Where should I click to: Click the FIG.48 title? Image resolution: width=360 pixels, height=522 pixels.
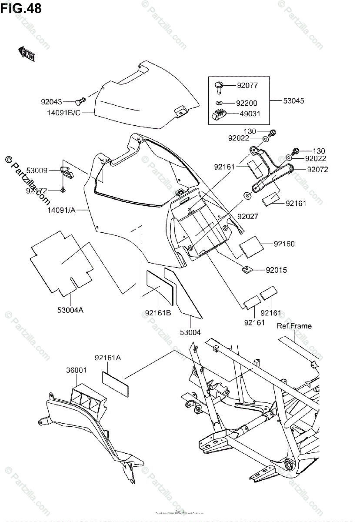(21, 8)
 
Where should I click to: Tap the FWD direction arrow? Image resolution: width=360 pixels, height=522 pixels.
(27, 54)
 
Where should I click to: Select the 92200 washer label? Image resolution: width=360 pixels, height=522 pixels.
(247, 104)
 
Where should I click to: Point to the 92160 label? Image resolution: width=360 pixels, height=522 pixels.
(284, 244)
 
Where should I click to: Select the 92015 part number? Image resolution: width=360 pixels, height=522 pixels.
(277, 270)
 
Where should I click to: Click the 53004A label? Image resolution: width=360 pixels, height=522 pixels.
(70, 310)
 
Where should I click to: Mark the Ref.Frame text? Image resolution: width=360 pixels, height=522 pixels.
(294, 326)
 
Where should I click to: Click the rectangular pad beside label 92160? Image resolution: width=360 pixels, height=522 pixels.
(251, 246)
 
